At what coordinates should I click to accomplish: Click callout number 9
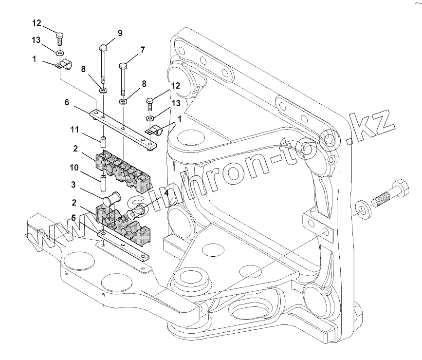pyautogui.click(x=120, y=33)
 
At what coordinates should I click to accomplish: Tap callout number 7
pyautogui.click(x=143, y=50)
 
